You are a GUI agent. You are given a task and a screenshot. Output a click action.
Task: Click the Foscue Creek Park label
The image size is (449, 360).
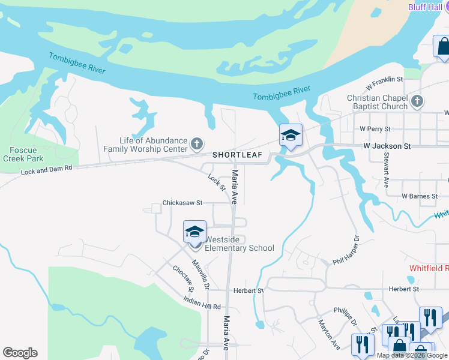pyautogui.click(x=26, y=154)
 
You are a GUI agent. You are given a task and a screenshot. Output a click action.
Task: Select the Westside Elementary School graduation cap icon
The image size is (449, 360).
pyautogui.click(x=194, y=232)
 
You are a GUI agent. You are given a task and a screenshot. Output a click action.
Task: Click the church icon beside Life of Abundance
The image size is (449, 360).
pyautogui.click(x=197, y=144)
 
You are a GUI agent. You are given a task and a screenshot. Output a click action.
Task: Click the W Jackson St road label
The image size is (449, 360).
pyautogui.click(x=387, y=146)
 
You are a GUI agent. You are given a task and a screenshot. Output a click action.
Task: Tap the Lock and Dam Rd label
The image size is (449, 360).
pyautogui.click(x=46, y=170)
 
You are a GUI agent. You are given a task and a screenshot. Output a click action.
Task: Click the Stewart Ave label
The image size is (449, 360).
pyautogui.click(x=386, y=170)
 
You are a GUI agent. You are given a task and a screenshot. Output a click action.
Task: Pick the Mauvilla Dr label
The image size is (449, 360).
pyautogui.click(x=199, y=271)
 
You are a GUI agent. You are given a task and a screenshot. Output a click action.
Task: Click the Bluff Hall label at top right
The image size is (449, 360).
pyautogui.click(x=424, y=7)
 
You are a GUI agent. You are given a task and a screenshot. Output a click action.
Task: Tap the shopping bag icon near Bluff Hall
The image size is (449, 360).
pyautogui.click(x=442, y=47)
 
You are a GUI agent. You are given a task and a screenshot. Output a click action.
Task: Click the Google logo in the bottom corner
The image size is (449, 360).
pyautogui.click(x=20, y=353)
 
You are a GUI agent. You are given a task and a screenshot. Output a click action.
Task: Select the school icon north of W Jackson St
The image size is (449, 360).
pyautogui.click(x=291, y=136)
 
